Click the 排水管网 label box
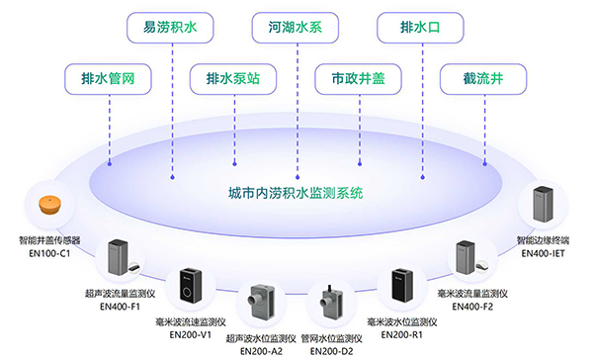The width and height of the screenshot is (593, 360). pos(100,77)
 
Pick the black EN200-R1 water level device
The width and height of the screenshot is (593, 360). pos(401,288)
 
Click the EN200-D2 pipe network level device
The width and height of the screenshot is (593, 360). pos(329,305)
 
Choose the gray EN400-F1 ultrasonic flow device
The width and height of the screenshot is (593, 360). pos(119,259)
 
